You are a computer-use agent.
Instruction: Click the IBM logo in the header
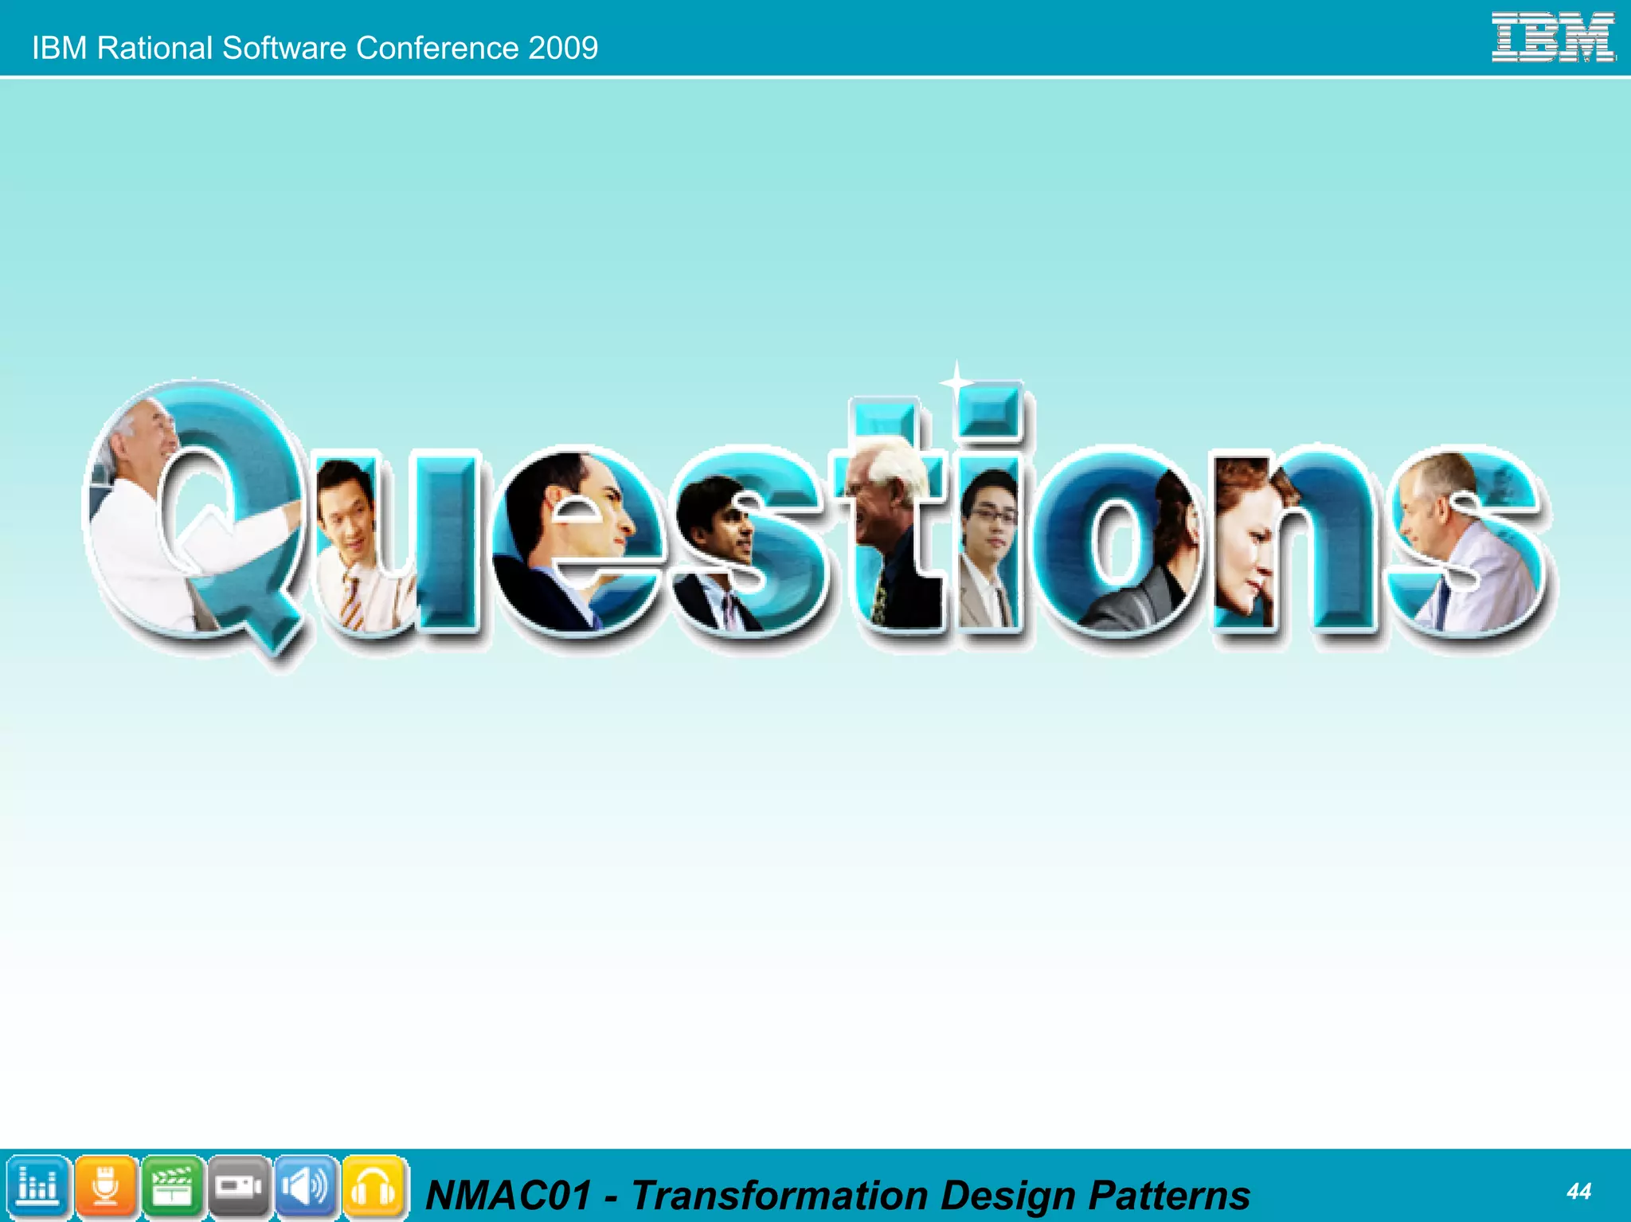(1553, 37)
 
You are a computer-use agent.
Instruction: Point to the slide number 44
(1578, 1191)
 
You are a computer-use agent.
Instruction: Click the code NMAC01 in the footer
(509, 1195)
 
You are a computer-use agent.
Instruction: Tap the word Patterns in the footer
(1168, 1195)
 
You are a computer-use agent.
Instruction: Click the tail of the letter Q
(275, 629)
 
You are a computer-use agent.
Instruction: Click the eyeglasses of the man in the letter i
(993, 515)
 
